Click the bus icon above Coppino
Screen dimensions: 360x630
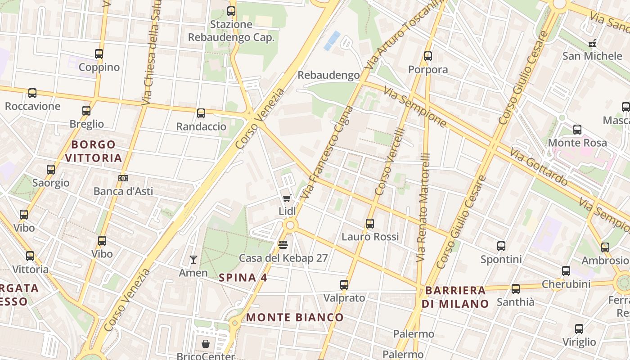99,54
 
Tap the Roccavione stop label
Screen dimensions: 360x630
32,106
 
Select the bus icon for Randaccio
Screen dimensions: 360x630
201,113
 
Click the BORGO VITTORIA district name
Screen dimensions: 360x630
94,151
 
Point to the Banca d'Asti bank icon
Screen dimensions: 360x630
123,178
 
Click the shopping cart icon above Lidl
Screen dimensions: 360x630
287,198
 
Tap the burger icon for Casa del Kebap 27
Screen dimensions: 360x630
283,245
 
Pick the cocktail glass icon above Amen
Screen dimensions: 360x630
193,259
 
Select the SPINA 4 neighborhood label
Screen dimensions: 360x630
243,278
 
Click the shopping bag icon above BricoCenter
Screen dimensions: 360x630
206,344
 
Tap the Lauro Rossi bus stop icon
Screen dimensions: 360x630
370,223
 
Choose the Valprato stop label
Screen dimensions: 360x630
344,298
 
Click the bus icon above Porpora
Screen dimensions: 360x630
428,56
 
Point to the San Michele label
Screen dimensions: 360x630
592,56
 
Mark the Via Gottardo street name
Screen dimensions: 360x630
539,166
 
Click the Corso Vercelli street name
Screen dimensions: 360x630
390,162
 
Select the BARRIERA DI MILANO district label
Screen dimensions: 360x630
455,297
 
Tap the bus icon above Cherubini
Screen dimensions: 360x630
566,271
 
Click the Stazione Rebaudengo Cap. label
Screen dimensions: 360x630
231,31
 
